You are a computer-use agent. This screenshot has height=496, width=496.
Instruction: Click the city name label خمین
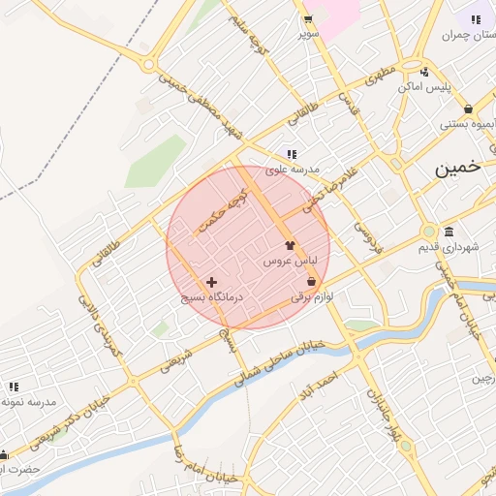[x=457, y=168]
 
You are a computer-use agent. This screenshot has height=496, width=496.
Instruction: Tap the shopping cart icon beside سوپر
[x=307, y=19]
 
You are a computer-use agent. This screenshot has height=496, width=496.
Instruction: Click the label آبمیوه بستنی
[x=470, y=124]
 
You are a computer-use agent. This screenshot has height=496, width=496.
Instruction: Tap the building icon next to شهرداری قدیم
[x=449, y=232]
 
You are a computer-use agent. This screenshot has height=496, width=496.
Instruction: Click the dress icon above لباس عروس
[x=290, y=246]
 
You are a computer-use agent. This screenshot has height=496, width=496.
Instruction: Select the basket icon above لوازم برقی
[x=311, y=281]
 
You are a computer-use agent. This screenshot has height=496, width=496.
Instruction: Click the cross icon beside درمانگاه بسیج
[x=211, y=282]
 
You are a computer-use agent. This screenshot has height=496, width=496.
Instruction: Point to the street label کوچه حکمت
[x=224, y=211]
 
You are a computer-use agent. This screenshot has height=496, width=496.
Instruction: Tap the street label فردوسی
[x=364, y=232]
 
